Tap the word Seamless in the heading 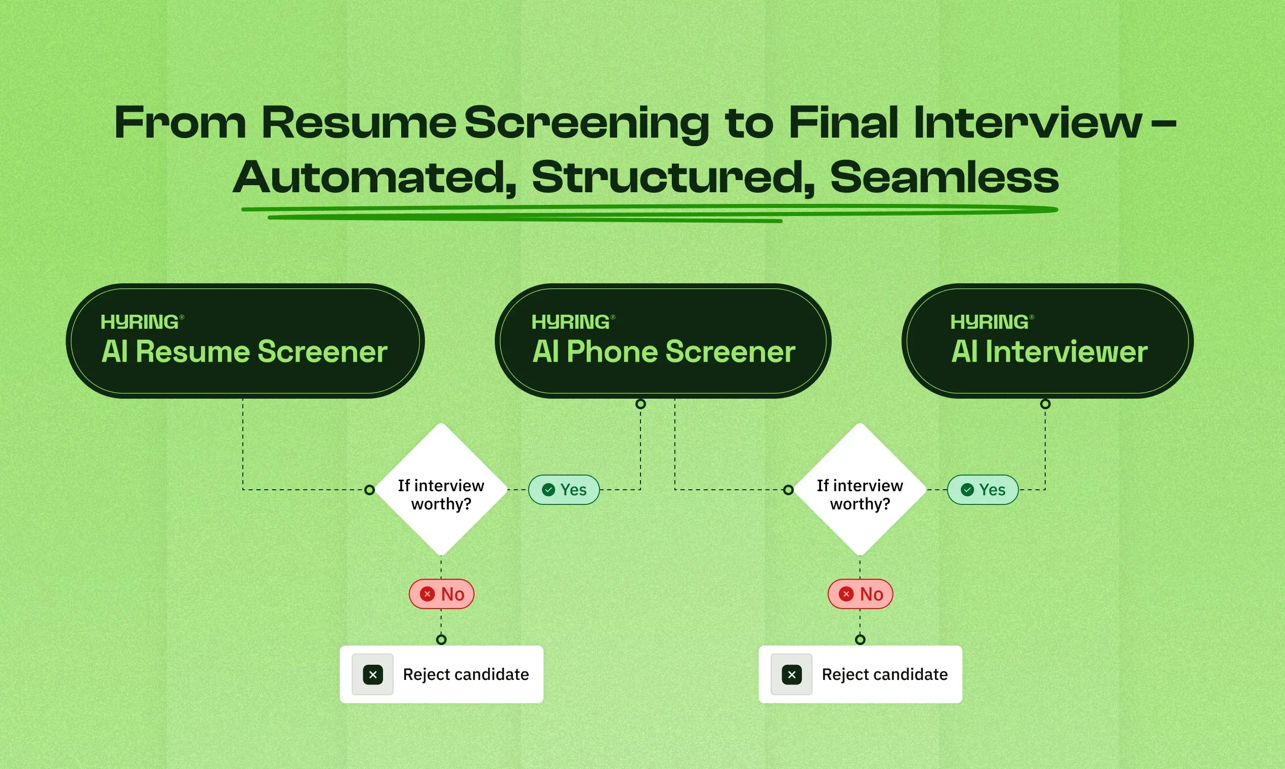pos(944,177)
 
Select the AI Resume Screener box pos(245,341)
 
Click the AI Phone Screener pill pos(663,341)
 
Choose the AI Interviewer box pos(1047,341)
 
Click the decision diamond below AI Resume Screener pos(441,490)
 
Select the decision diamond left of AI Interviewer pos(860,490)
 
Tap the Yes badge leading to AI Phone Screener pos(564,490)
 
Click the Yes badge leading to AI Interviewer pos(982,490)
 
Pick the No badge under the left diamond pos(442,594)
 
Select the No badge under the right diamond pos(860,594)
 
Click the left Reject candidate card pos(442,674)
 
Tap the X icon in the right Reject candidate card pos(791,675)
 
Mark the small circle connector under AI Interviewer pos(1045,404)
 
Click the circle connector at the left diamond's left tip pos(369,490)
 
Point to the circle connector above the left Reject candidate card pos(441,639)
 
